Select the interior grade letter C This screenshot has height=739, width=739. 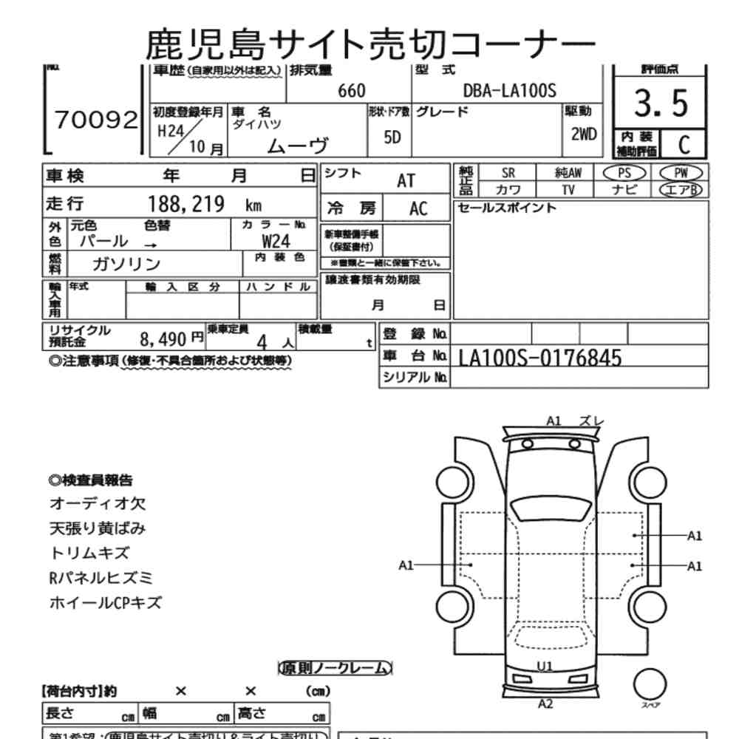click(684, 144)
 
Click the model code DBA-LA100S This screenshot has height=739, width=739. click(509, 91)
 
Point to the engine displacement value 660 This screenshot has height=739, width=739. click(351, 91)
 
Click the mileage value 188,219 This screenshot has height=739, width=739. click(186, 205)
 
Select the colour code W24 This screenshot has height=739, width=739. click(276, 241)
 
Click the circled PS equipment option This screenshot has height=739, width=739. click(624, 173)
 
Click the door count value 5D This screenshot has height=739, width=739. click(392, 138)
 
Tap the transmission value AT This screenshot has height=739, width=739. click(406, 181)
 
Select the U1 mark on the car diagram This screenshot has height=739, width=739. click(545, 666)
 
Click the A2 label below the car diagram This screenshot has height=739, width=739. click(546, 704)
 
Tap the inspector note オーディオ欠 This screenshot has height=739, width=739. click(98, 504)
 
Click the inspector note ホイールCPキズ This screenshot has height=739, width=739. click(105, 602)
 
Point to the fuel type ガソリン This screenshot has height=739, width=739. click(126, 264)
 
